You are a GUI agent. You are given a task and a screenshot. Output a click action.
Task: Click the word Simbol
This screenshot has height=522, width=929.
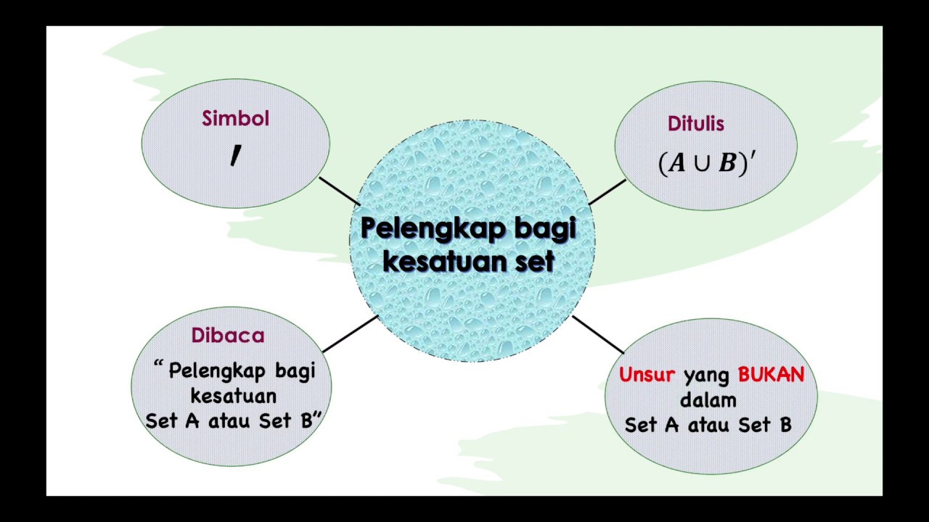coord(235,119)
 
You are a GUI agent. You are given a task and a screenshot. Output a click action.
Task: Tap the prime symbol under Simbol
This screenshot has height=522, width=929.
coord(235,155)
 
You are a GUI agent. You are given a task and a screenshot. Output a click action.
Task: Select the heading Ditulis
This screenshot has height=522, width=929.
coord(696,124)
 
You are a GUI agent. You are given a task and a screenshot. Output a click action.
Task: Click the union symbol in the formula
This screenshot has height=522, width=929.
coord(701,164)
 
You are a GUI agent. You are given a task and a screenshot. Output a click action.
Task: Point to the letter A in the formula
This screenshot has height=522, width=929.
coord(677,164)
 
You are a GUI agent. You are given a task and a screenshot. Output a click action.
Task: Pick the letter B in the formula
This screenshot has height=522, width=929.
coord(727,164)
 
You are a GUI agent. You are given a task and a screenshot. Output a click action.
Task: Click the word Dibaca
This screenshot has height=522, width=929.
coord(228,336)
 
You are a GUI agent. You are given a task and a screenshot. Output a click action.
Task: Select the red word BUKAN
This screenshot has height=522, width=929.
coord(771,375)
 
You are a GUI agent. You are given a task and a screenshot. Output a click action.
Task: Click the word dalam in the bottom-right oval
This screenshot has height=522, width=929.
coord(708,399)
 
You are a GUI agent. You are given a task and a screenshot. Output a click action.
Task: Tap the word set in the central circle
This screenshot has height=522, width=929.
coord(535,261)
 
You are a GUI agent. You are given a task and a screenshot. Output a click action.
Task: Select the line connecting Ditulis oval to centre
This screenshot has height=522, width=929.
coord(607,192)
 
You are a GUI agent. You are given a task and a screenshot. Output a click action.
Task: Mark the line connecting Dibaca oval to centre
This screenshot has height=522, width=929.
coord(349,334)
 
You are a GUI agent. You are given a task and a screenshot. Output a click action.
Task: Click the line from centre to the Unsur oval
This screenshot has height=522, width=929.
coord(598,334)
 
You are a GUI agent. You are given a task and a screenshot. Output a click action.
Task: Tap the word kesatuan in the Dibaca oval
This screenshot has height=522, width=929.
coord(233,397)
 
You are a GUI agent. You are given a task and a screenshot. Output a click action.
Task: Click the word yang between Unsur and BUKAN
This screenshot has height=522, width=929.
coord(706,375)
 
